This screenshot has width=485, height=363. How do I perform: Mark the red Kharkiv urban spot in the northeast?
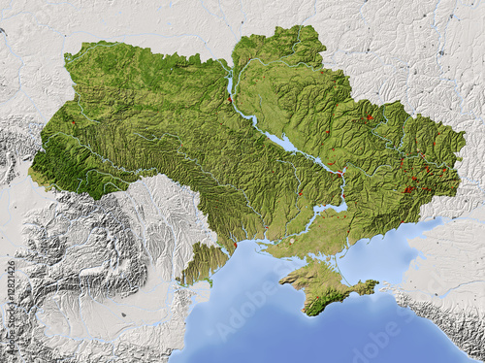(x=368, y=118)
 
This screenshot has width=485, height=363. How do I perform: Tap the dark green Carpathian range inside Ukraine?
(x=68, y=160)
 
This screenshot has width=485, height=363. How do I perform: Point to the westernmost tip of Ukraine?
(x=31, y=173)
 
